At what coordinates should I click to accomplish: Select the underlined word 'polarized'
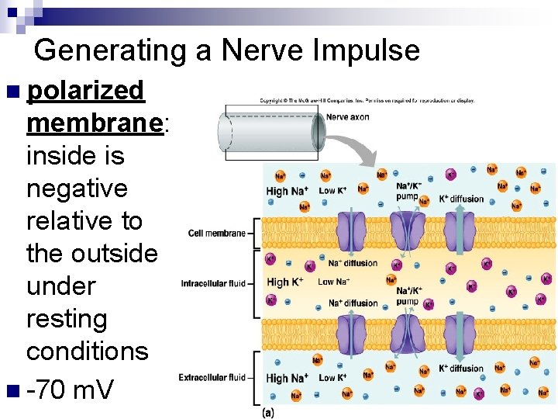point(85,91)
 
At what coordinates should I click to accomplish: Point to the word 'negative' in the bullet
point(77,189)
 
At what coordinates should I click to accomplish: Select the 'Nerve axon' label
point(348,117)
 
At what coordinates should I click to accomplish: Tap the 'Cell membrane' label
point(216,233)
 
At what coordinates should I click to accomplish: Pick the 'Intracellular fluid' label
point(213,283)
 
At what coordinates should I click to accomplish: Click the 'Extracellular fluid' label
point(212,378)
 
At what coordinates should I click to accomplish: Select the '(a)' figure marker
point(268,412)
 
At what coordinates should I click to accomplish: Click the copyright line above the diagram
point(367,100)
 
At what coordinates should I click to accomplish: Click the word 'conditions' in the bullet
point(87,351)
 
